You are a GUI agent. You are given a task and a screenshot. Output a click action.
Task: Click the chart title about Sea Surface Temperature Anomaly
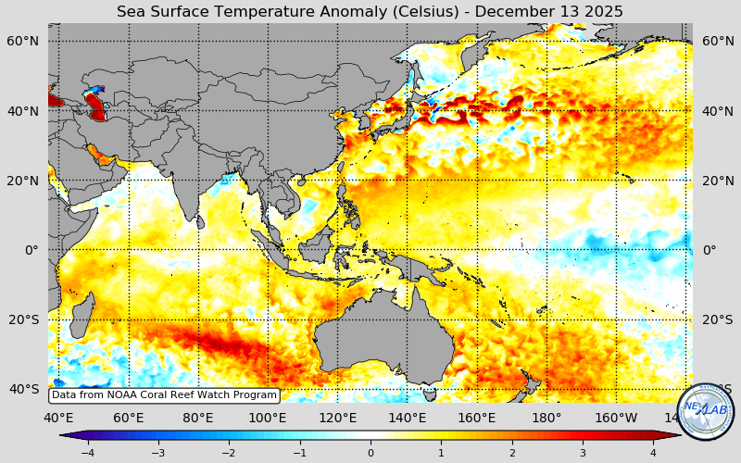coord(370,11)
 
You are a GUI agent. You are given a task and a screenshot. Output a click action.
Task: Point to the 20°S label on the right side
coord(716,319)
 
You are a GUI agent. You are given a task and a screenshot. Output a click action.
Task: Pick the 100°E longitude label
coord(269,418)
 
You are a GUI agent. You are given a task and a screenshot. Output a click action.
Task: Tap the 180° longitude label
coord(546,418)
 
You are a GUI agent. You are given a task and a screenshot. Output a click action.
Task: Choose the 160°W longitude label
coord(615,418)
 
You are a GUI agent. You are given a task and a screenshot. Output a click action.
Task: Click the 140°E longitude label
coord(408,418)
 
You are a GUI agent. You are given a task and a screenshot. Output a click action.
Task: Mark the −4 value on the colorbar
coord(87,453)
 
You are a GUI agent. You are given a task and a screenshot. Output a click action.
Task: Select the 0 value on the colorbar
coord(370,453)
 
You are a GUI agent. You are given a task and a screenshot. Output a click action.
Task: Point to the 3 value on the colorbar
coord(583,453)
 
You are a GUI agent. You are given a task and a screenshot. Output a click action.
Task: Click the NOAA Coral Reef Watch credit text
coord(164,395)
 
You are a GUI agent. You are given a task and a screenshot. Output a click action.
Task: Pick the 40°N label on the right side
coord(716,111)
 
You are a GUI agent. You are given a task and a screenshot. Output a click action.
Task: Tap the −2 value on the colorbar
coord(228,453)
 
